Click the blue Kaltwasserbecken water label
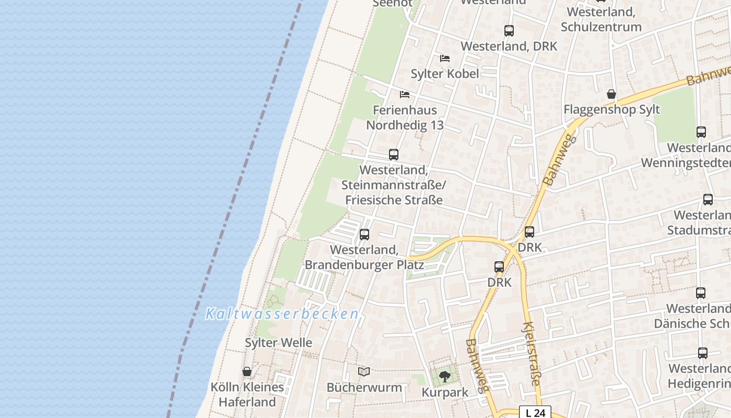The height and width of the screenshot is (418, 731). tap(282, 314)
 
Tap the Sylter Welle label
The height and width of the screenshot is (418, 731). tap(278, 343)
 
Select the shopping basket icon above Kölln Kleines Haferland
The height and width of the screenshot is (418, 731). tap(247, 371)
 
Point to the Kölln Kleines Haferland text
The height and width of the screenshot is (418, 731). tap(247, 394)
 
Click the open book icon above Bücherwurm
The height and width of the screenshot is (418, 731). tap(364, 371)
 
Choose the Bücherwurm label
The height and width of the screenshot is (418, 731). tap(364, 388)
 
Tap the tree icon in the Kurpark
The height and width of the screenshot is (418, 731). tap(445, 376)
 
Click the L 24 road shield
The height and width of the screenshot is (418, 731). tap(535, 413)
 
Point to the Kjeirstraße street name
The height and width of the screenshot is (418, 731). tap(531, 354)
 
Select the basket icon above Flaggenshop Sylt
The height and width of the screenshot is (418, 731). tap(611, 94)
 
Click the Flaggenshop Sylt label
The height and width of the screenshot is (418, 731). tap(611, 110)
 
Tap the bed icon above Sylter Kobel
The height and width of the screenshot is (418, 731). tap(445, 58)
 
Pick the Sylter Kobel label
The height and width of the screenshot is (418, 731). tap(445, 74)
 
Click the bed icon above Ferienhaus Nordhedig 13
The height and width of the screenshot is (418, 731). tap(405, 95)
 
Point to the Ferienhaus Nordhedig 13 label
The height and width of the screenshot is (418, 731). tap(405, 118)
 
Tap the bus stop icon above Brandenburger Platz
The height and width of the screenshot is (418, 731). tap(364, 235)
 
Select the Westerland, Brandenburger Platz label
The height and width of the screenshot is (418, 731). tap(364, 258)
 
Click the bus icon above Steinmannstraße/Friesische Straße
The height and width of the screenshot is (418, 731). tap(394, 155)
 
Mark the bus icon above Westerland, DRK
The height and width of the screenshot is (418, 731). tap(509, 31)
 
